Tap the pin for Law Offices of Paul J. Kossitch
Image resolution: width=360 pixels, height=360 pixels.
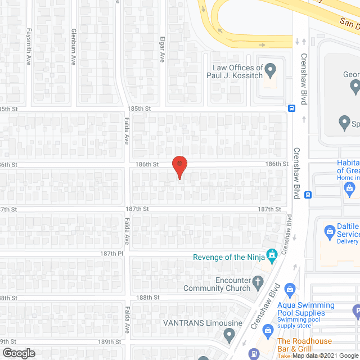pos(271,71)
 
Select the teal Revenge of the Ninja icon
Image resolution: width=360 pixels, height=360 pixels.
pos(272,256)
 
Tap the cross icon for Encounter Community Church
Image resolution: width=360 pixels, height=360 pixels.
pos(258,281)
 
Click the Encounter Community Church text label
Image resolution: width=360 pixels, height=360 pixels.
pos(217,284)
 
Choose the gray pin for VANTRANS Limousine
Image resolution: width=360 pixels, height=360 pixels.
pos(228,336)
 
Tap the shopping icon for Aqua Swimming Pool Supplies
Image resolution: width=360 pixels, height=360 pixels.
pos(290,291)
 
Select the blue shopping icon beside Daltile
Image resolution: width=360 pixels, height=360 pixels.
pos(330,229)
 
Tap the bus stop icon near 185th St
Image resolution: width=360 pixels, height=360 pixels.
pos(291,108)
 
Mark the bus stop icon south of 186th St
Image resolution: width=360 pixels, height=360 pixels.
pos(308,195)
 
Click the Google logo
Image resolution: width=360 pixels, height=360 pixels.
pos(18,353)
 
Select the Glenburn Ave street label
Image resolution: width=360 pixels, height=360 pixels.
pos(73,42)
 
